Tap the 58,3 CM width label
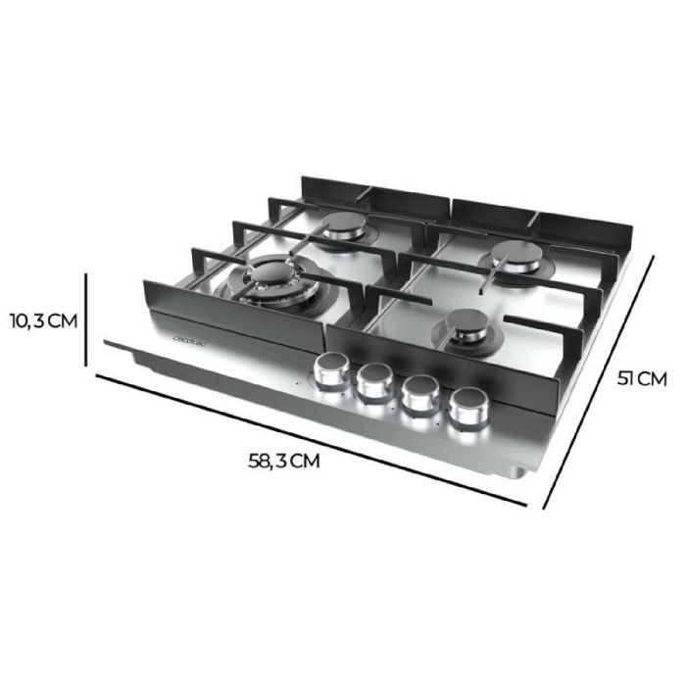pyautogui.click(x=285, y=460)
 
